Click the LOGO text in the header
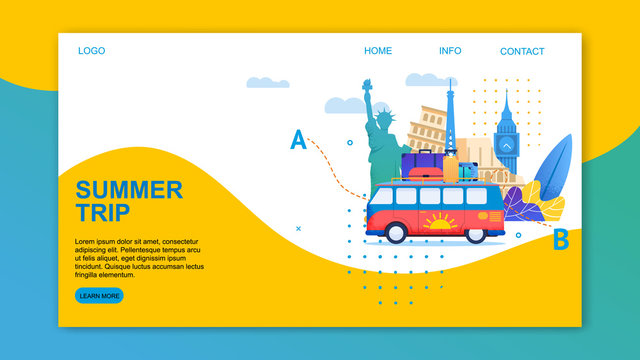[91, 51]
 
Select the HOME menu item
[378, 51]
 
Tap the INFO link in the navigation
[450, 51]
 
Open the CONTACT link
[522, 52]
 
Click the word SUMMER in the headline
[129, 190]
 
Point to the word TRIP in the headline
[102, 212]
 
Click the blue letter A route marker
[298, 140]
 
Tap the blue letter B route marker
[561, 240]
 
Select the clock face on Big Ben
[507, 145]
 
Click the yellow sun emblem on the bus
[439, 222]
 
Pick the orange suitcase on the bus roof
[450, 167]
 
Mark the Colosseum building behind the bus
[428, 130]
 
